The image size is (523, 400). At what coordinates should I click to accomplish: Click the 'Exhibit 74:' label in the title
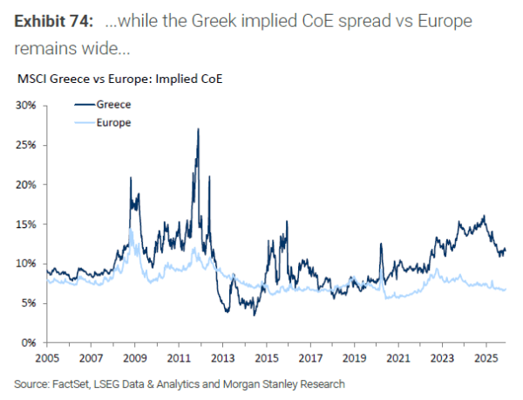pos(54,19)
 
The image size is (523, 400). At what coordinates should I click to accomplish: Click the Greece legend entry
pos(112,105)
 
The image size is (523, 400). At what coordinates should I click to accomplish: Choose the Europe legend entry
pos(112,123)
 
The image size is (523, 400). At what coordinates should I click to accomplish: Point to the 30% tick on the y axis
pos(24,106)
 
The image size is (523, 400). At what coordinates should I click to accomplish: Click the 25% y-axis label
pos(24,145)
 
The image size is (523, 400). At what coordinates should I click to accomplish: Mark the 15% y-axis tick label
pos(24,224)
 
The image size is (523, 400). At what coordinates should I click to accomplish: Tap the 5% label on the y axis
pos(27,303)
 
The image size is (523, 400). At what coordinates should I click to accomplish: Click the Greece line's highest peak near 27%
pos(199,129)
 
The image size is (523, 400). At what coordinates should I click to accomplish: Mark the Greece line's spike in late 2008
pos(131,177)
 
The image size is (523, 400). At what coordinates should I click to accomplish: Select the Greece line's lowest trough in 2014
pos(255,314)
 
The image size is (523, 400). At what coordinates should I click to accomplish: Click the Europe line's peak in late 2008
pos(130,229)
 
